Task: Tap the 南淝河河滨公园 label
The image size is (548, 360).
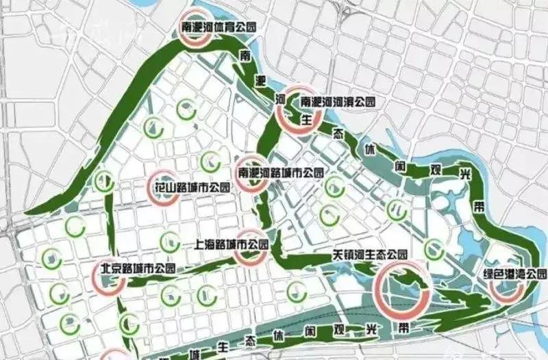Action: pos(338,101)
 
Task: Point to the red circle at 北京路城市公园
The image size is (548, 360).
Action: pos(108,277)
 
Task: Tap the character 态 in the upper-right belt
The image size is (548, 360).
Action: pos(337,131)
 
